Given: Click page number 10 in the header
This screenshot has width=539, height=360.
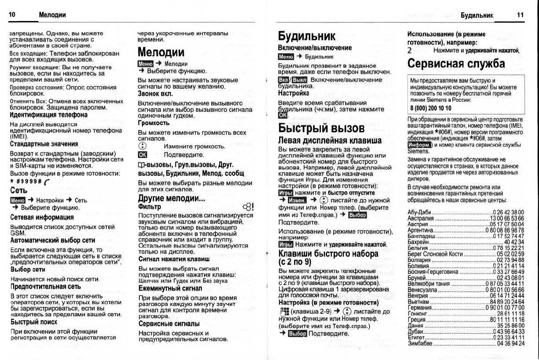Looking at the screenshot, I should (x=12, y=15).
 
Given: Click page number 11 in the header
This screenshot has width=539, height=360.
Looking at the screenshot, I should (x=520, y=15).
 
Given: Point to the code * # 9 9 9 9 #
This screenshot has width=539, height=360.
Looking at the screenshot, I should (x=26, y=181).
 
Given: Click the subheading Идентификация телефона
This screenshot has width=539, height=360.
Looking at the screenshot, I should (x=49, y=115).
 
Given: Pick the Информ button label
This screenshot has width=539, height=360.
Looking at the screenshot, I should (x=417, y=145).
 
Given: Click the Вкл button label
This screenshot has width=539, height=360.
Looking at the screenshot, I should (x=284, y=80).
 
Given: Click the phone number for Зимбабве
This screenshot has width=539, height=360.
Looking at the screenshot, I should (x=511, y=343).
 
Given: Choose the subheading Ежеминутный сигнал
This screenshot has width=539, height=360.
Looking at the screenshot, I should (x=170, y=289).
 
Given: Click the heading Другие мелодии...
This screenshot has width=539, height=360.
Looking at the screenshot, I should (x=171, y=198).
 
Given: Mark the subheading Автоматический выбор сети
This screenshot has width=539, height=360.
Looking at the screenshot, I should (x=53, y=240).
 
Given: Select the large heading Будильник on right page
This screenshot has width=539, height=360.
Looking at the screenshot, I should (x=307, y=36).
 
